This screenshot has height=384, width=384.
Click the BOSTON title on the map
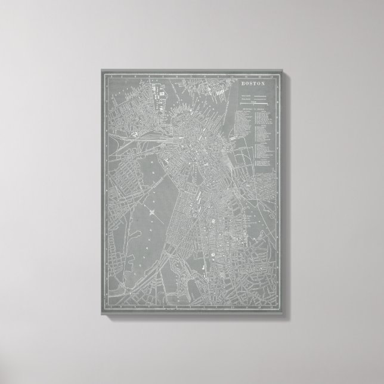pyautogui.click(x=253, y=83)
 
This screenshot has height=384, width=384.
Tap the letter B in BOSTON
pyautogui.click(x=243, y=83)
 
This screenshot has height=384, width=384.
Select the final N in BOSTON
pyautogui.click(x=263, y=83)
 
